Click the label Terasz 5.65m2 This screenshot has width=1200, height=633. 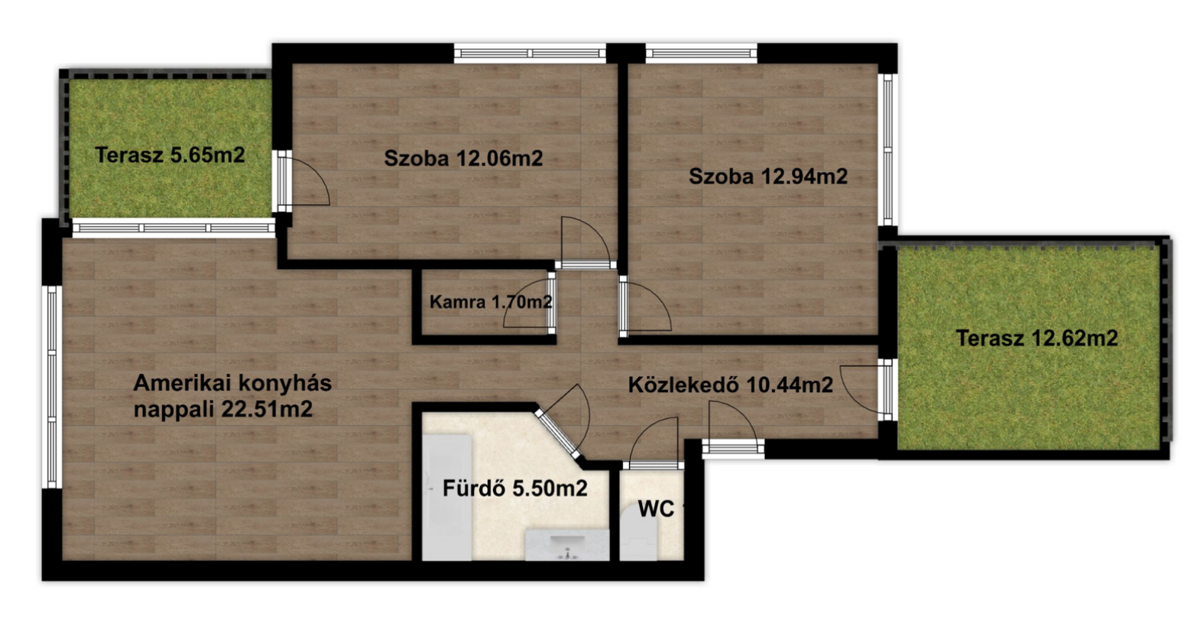pos(170,155)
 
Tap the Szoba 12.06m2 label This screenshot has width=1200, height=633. pos(463,159)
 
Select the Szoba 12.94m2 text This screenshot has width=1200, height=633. pos(768,177)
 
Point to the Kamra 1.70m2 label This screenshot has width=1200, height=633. pos(491,302)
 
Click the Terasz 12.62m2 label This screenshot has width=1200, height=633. pos(1037,338)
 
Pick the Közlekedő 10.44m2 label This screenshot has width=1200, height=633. pos(731,385)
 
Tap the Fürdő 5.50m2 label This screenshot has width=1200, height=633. pos(515,489)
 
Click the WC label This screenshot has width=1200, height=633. pos(656,509)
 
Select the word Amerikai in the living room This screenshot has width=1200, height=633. pos(182,383)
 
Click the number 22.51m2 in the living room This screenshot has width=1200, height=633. pos(268,410)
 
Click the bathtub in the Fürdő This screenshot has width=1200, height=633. pos(447,497)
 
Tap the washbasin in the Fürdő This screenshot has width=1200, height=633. pos(567,545)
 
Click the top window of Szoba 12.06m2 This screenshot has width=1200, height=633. pos(530,53)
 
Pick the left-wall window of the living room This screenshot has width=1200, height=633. pos(52,387)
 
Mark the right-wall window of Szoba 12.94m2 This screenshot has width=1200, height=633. pos(887,150)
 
